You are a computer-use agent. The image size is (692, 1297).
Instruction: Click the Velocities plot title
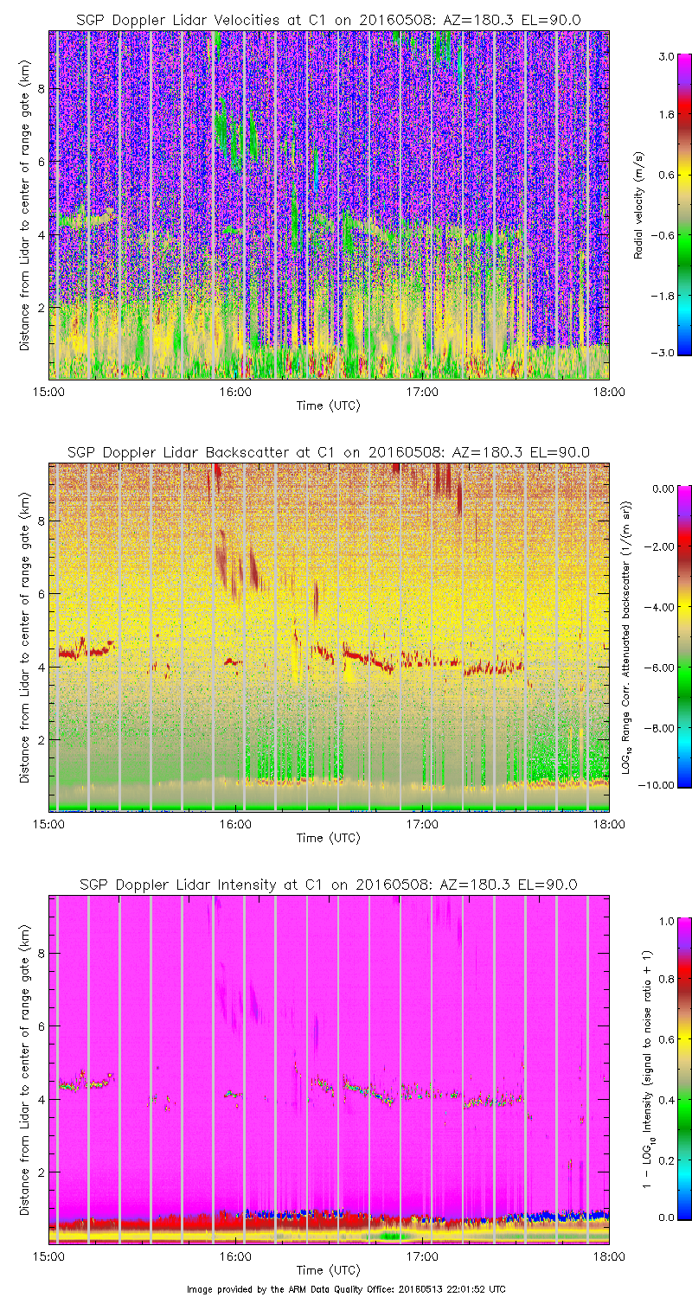(328, 19)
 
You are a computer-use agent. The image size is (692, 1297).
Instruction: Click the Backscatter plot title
(328, 452)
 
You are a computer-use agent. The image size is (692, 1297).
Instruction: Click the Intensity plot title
(328, 885)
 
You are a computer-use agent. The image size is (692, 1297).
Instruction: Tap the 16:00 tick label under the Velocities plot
(234, 391)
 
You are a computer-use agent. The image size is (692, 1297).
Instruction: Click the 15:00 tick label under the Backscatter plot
(48, 824)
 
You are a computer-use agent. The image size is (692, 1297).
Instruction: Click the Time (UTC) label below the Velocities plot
(328, 405)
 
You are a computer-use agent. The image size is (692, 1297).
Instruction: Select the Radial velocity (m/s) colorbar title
(638, 205)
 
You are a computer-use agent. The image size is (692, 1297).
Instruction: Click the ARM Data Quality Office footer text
(346, 1289)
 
